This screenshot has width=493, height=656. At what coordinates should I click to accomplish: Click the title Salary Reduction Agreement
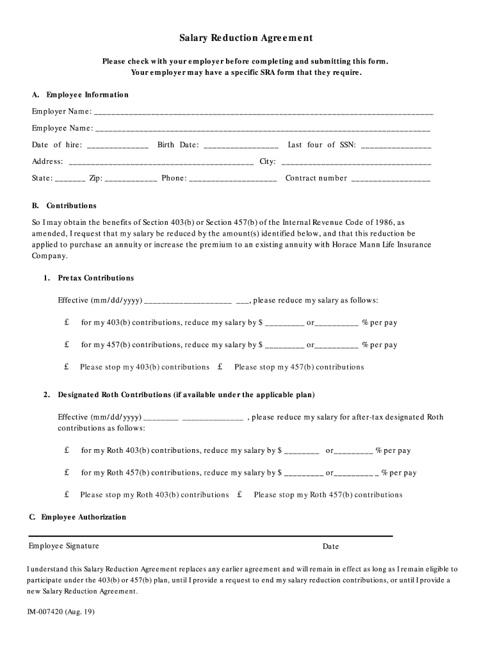click(x=246, y=38)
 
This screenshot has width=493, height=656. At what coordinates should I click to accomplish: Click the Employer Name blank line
click(x=263, y=112)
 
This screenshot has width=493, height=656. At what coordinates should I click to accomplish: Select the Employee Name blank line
click(x=263, y=129)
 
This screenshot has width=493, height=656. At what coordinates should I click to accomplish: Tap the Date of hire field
click(x=117, y=145)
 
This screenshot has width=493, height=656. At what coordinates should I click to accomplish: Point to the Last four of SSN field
click(x=396, y=145)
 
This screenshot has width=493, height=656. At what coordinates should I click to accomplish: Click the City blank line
click(x=355, y=162)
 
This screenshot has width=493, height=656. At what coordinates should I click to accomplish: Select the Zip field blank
click(x=131, y=179)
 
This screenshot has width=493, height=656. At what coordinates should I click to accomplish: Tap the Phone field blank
click(x=233, y=179)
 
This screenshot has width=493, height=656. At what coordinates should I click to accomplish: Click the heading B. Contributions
click(x=65, y=206)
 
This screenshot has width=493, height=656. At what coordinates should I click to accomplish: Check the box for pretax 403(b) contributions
click(x=67, y=323)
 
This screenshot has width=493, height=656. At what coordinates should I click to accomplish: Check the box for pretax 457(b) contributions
click(x=67, y=345)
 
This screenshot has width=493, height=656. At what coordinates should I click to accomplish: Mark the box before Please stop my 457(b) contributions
click(x=220, y=367)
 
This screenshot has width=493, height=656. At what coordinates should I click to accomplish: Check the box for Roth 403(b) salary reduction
click(x=67, y=450)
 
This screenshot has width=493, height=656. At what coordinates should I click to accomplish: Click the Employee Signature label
click(x=63, y=546)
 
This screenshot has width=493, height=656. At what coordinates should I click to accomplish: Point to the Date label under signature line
click(x=330, y=547)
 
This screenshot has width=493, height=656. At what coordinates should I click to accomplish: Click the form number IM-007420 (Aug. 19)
click(x=61, y=612)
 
